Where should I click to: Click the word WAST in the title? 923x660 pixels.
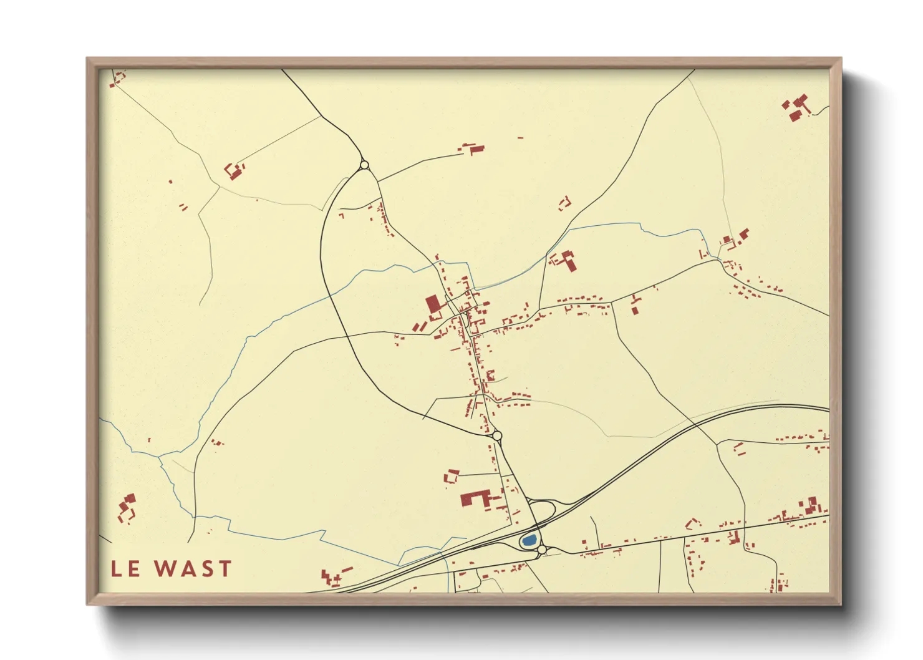193,569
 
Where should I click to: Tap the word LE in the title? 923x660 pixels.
126,569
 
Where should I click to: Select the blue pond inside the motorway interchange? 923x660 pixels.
529,540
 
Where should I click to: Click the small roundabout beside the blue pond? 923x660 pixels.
542,550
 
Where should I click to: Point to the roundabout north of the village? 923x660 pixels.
364,165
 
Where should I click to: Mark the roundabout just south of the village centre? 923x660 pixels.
497,435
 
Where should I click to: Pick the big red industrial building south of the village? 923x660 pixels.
473,498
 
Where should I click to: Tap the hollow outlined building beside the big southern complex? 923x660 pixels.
451,477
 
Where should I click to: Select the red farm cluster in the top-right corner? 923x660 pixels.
796,107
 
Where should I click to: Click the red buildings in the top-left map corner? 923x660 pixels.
117,78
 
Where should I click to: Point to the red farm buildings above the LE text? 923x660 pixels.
127,508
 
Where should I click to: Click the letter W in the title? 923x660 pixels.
165,569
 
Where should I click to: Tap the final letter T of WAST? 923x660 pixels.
225,569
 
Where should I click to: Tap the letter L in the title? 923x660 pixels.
117,569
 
